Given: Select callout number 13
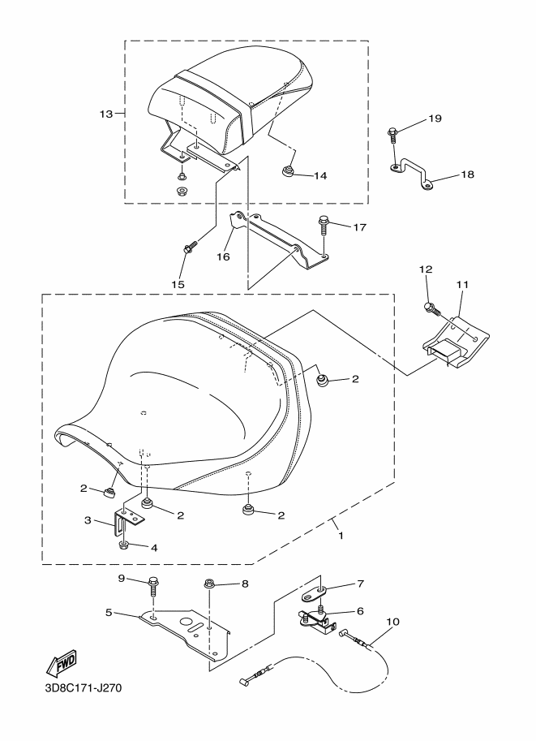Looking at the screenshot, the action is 106,114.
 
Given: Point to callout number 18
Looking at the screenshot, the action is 467,174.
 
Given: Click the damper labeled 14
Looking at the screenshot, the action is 288,171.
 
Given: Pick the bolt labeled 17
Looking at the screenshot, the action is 324,225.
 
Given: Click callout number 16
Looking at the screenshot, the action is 223,256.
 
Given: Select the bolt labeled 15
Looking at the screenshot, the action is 191,246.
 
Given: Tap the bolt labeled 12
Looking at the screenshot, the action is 432,309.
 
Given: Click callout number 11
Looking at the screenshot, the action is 462,285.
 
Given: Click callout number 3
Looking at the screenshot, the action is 88,520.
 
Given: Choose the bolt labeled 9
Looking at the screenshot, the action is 153,586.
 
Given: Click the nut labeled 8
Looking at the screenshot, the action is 208,584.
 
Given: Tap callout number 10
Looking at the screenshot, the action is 392,621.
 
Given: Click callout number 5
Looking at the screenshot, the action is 109,613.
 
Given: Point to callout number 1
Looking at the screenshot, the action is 341,536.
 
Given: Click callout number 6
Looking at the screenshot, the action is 360,611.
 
